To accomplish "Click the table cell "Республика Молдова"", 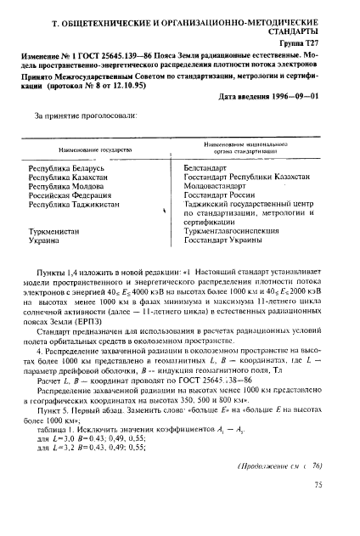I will [x=65, y=193].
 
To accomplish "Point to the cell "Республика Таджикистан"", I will [x=72, y=217].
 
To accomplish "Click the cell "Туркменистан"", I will [x=55, y=252].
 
